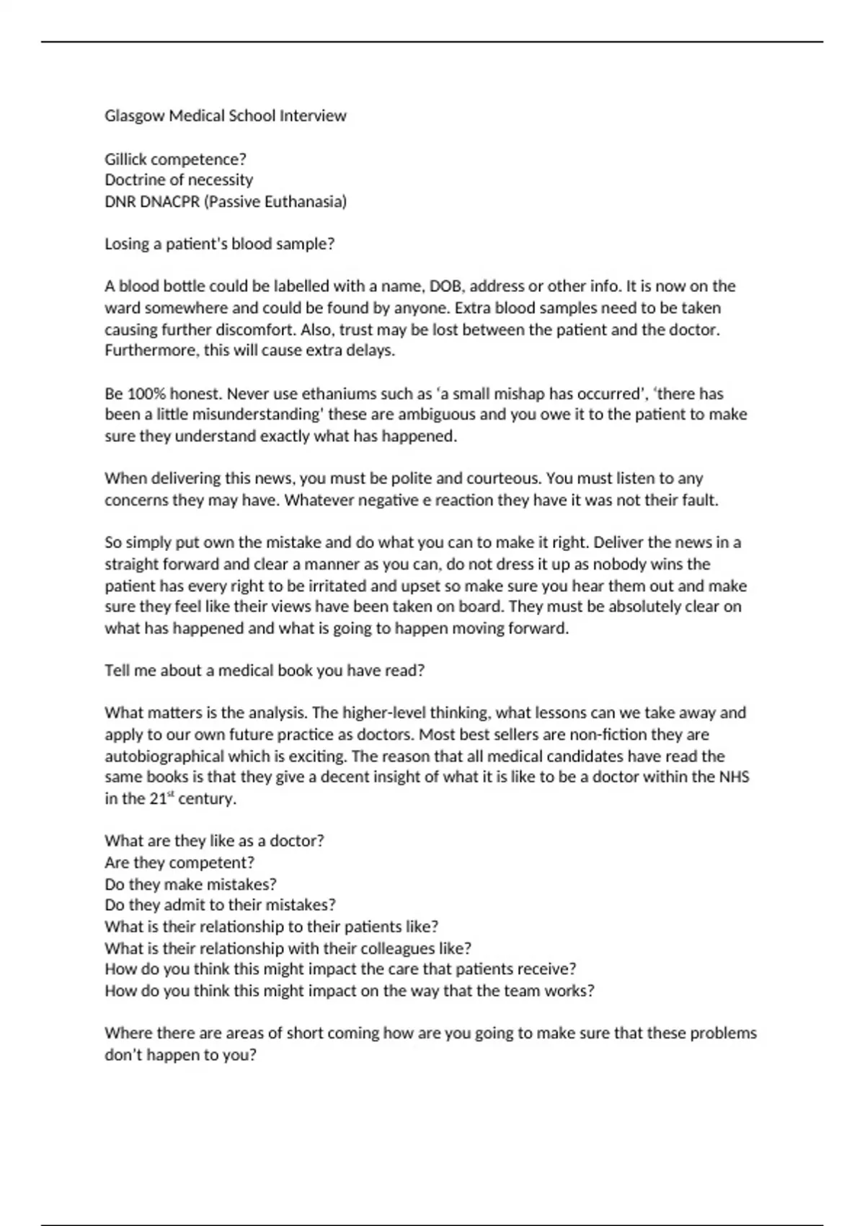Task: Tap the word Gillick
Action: [x=125, y=159]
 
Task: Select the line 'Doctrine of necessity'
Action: [x=179, y=180]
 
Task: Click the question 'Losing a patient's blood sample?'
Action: [x=220, y=244]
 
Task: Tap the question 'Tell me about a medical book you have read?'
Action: [x=265, y=671]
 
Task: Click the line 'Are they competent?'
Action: [x=179, y=863]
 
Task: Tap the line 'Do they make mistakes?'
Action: [x=190, y=885]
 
